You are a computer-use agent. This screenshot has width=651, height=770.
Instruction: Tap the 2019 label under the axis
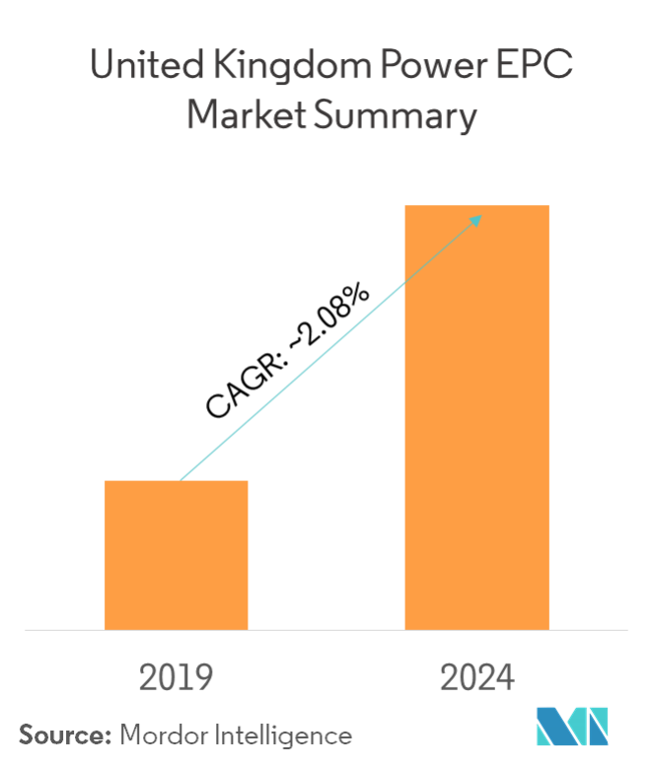click(x=177, y=678)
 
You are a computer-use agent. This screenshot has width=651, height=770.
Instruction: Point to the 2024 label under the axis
click(x=477, y=678)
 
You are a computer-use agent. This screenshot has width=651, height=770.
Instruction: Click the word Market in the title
click(x=238, y=117)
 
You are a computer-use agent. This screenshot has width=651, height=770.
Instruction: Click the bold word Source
click(x=60, y=735)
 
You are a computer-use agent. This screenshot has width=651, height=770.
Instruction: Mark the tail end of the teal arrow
click(x=181, y=479)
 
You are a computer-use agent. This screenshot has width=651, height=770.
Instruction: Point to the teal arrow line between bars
click(x=325, y=350)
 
